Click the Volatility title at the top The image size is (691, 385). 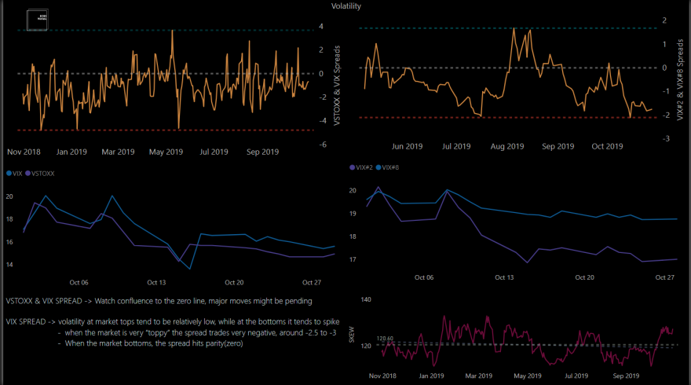point(345,5)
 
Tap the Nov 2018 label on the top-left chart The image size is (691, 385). point(24,152)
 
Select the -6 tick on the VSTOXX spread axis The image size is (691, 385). point(323,145)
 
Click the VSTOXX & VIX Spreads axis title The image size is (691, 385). point(337,83)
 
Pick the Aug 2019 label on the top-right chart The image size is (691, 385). point(507,146)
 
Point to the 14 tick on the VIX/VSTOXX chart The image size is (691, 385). point(9,265)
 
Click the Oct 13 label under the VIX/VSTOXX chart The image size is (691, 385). point(158,282)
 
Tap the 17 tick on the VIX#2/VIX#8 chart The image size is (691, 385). point(353,259)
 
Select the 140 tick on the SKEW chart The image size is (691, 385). point(364,300)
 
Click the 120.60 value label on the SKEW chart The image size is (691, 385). point(385,339)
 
